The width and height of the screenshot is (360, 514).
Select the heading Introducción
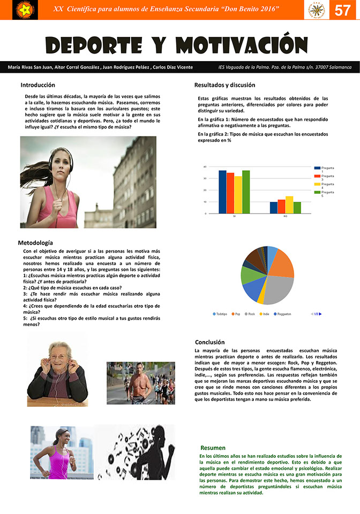point(37,85)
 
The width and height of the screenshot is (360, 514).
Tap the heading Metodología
point(35,243)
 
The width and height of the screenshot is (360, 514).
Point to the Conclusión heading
point(209,342)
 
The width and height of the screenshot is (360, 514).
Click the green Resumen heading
point(213,448)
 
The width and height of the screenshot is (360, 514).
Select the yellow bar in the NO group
point(289,205)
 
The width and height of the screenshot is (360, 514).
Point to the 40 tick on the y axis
point(205,167)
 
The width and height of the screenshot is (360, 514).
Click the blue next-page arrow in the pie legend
point(320,314)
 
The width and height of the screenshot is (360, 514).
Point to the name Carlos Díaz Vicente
point(173,67)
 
